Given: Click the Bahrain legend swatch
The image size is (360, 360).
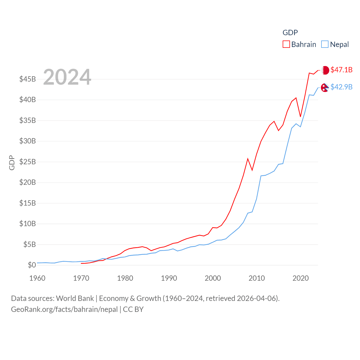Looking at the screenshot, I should click(286, 44).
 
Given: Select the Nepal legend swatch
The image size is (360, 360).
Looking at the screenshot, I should click(325, 44).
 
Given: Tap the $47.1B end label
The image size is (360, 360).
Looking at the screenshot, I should click(341, 70).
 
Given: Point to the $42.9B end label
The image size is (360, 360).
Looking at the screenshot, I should click(341, 87).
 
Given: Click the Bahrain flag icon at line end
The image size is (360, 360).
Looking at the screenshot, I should click(325, 70).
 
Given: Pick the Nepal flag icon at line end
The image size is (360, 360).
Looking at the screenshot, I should click(325, 87).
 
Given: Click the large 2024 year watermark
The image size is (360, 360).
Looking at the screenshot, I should click(67, 77).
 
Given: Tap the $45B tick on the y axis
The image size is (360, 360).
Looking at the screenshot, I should click(27, 79).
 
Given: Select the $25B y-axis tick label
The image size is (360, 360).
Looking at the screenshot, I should click(27, 162).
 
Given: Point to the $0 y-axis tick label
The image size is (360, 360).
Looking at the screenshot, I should click(32, 265).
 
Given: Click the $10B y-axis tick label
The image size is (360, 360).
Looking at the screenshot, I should click(27, 224).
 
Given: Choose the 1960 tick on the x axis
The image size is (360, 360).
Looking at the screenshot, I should click(37, 278).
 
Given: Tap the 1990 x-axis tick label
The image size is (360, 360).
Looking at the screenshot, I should click(169, 278).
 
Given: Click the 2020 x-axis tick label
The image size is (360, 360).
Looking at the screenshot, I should click(300, 278).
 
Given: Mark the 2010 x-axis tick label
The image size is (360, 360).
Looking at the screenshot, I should click(256, 278).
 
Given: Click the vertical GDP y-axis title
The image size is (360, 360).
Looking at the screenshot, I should click(12, 163).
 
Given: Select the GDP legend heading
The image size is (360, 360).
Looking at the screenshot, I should click(290, 33).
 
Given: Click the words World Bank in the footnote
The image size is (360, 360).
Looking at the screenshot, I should click(75, 298).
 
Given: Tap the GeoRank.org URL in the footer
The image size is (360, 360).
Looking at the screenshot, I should click(64, 309).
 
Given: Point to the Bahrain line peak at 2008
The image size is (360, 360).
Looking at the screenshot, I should click(248, 159).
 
